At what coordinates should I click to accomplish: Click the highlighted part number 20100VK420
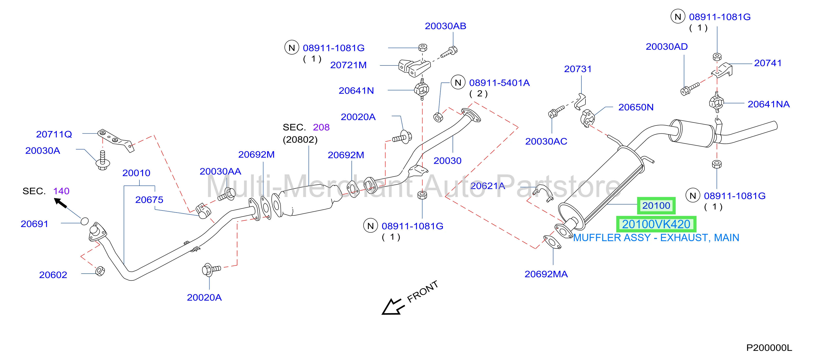[656, 224]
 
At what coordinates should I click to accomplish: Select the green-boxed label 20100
[656, 206]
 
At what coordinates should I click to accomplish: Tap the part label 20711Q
[54, 134]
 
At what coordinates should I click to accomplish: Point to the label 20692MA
[546, 274]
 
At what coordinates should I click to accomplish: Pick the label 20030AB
[446, 26]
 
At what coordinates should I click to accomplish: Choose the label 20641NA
[769, 104]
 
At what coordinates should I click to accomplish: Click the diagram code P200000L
[769, 348]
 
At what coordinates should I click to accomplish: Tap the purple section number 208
[321, 127]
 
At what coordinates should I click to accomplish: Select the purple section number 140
[61, 191]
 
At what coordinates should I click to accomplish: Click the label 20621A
[487, 186]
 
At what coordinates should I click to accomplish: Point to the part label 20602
[53, 275]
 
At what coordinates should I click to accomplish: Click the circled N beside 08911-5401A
[458, 83]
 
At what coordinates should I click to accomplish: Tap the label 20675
[149, 200]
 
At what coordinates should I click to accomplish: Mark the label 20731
[578, 69]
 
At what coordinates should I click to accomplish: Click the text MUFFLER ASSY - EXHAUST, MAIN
[656, 237]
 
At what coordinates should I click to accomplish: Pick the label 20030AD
[667, 47]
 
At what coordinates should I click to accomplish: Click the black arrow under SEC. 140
[60, 203]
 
